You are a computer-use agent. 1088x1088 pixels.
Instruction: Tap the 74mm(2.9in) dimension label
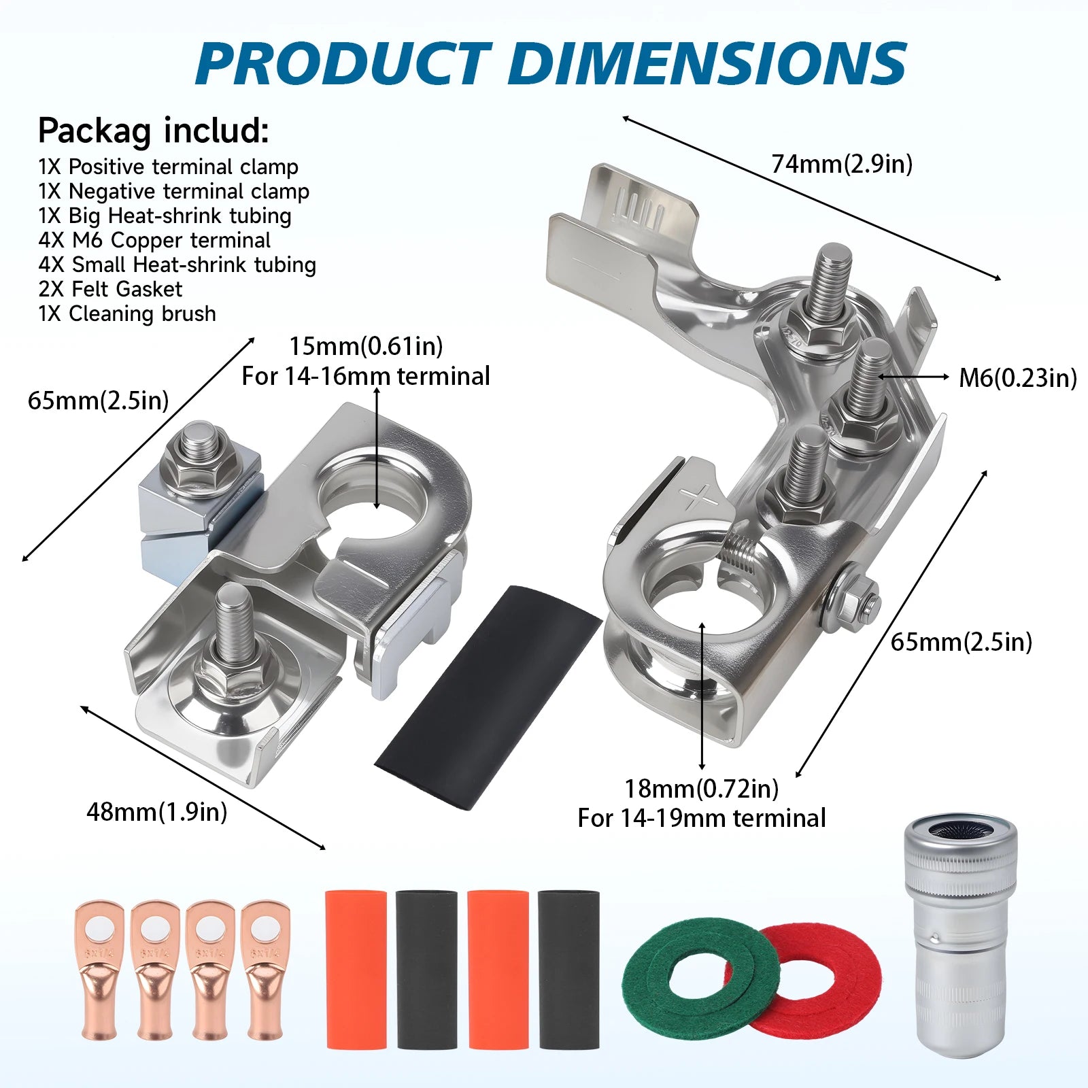pos(842,164)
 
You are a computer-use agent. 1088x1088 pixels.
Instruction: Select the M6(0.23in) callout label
pos(1018,377)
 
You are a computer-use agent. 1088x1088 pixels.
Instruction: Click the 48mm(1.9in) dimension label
pos(157,811)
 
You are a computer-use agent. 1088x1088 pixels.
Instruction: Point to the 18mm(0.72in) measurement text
pos(702,788)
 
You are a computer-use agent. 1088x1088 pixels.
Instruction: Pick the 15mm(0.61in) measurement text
pos(366,346)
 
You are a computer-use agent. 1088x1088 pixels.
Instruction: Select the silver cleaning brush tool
pos(959,938)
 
